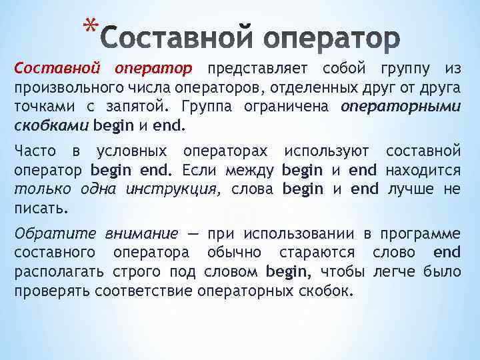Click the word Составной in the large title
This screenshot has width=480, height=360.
point(176,39)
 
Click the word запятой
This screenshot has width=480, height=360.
point(137,107)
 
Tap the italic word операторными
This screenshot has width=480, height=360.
point(400,107)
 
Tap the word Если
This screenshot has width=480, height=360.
point(201,170)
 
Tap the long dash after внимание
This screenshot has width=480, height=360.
point(193,234)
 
